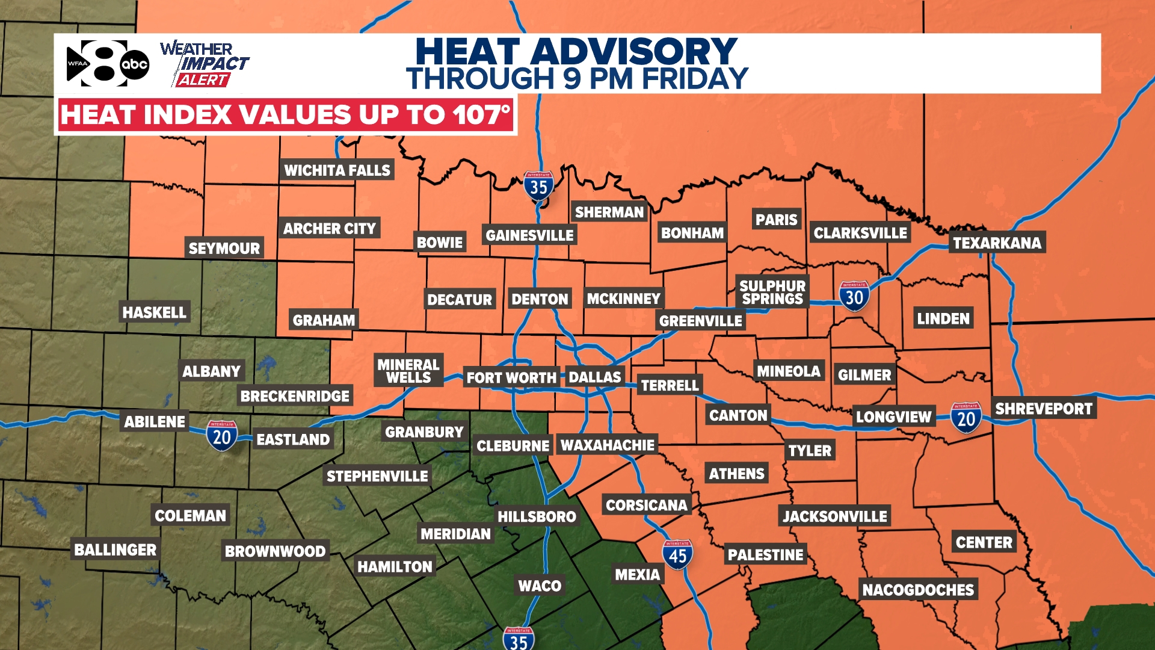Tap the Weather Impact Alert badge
coord(205,64)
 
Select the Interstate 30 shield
coord(854,296)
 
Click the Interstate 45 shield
coord(677,555)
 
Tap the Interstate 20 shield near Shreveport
coord(966,418)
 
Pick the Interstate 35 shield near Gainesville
coord(538,187)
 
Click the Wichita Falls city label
coord(337,170)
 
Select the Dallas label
coord(594,377)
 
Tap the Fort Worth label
coord(511,378)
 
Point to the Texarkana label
coord(997,243)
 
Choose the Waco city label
coord(540,586)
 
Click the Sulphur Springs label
coord(772,292)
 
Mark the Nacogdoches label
coord(918,590)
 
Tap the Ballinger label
coord(115,549)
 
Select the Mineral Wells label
coord(408,371)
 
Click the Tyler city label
coord(810,450)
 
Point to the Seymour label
coord(224,248)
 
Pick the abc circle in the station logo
coord(135,64)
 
